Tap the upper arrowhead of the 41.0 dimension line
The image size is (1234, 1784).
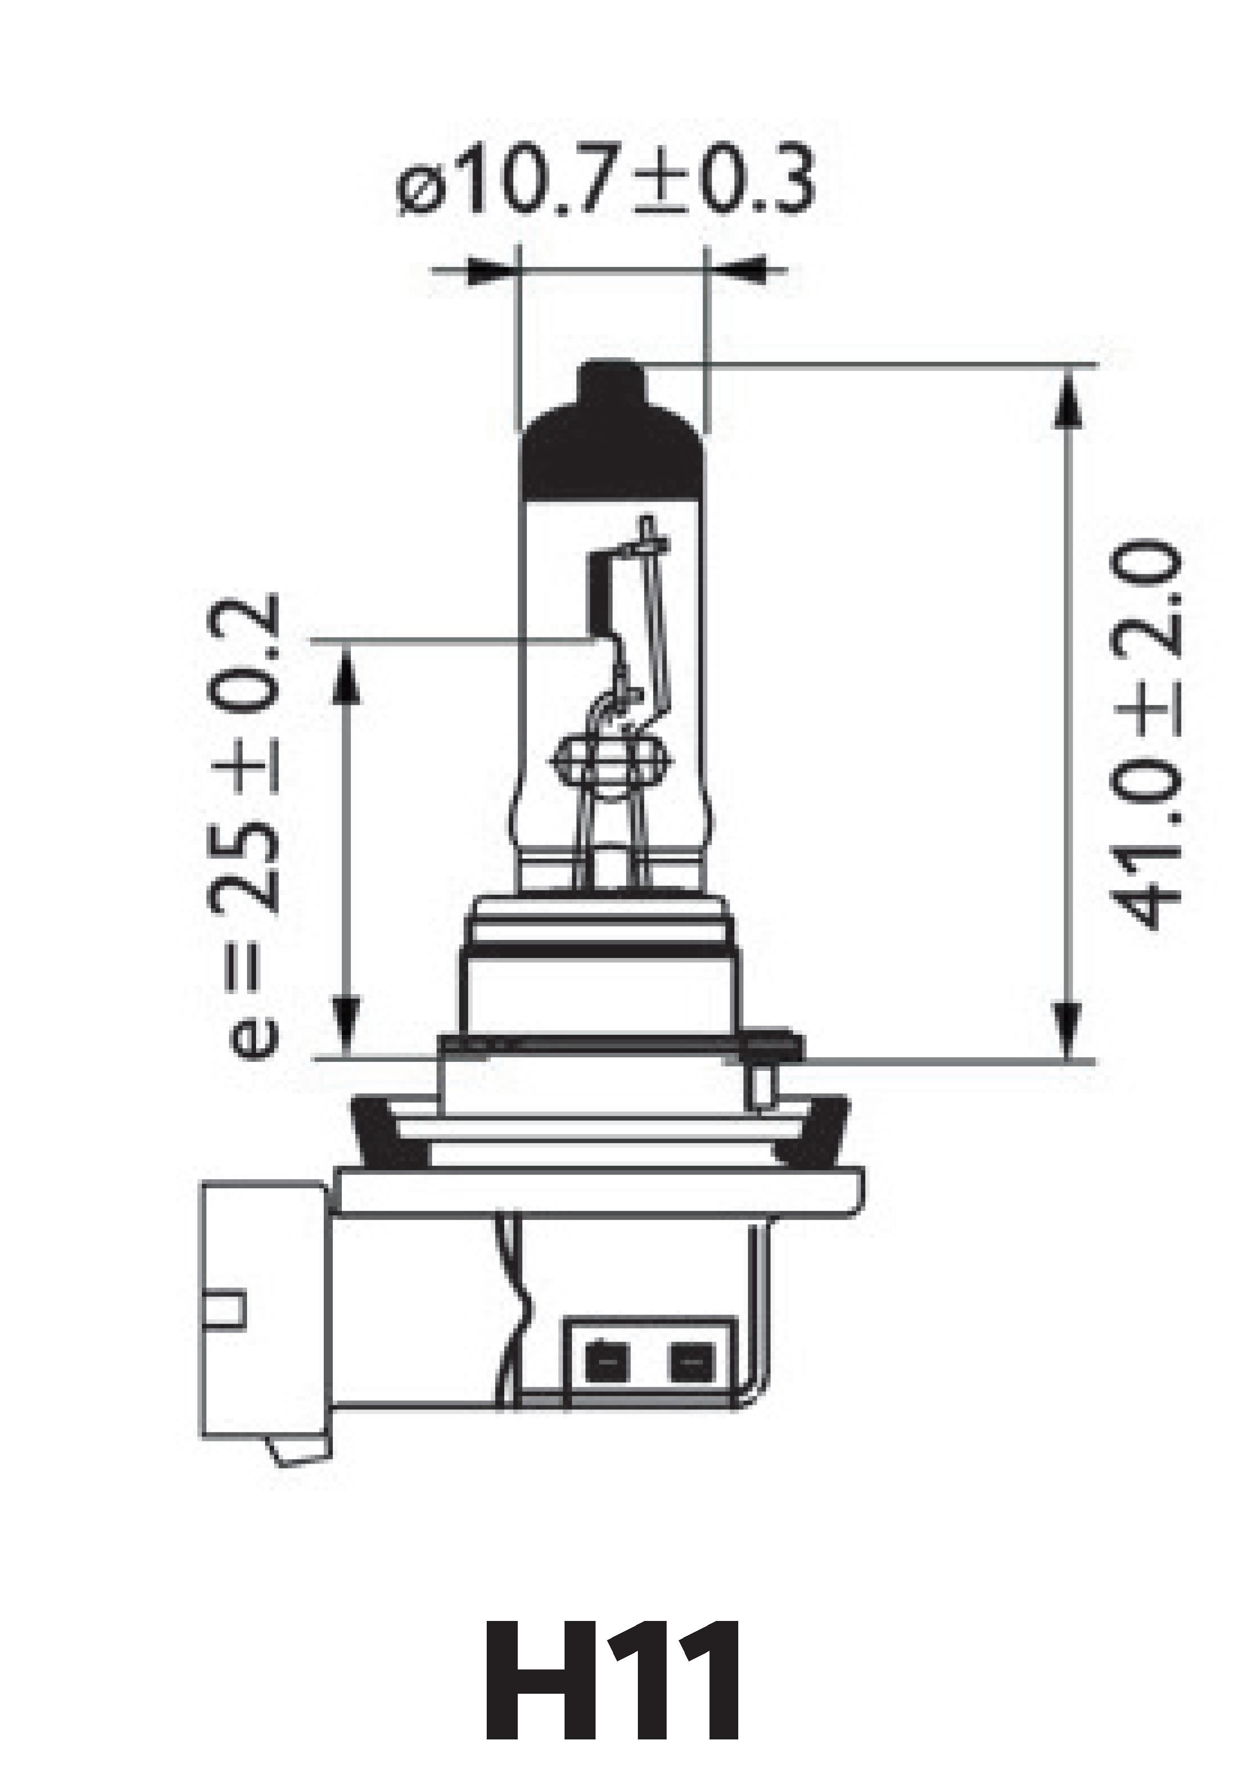tap(1068, 399)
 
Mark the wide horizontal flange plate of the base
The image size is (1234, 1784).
tap(599, 1195)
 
